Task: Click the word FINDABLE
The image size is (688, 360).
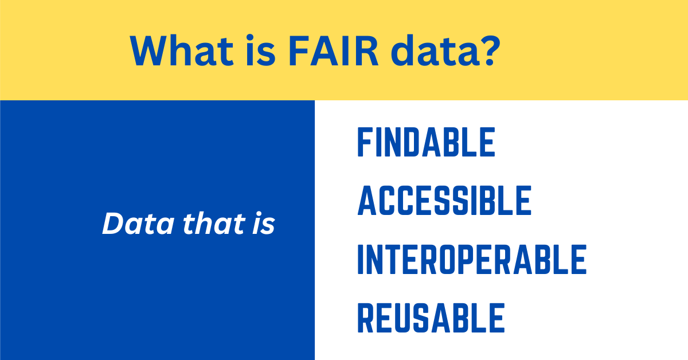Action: (426, 142)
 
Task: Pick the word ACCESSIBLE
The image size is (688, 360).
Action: (444, 200)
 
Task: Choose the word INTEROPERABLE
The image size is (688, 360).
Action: (471, 259)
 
